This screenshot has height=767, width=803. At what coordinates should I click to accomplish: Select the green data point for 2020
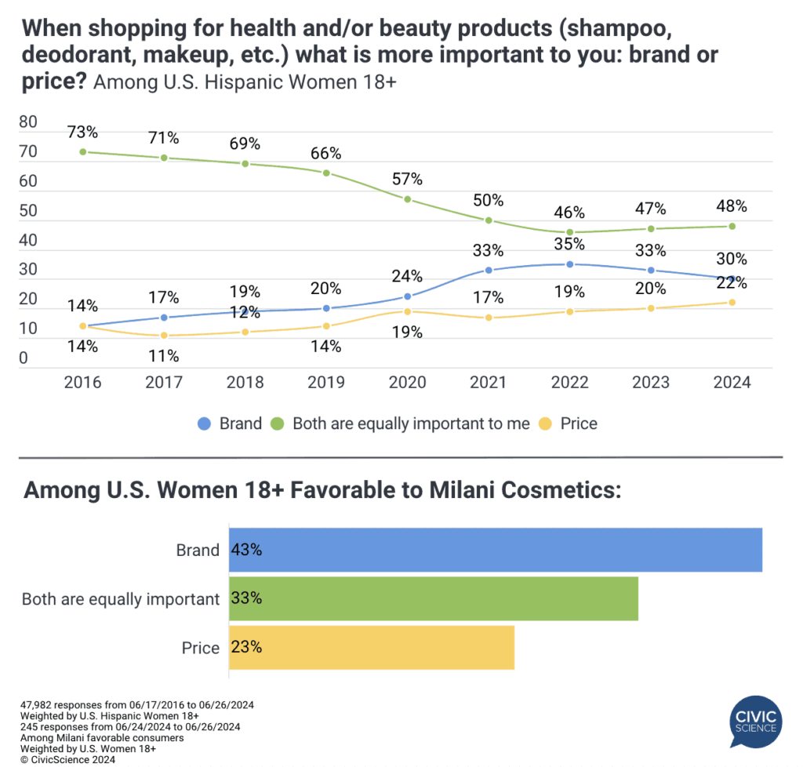[408, 199]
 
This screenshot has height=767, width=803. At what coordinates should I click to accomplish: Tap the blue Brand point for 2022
[569, 264]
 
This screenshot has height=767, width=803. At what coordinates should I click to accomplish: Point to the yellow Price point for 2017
[164, 336]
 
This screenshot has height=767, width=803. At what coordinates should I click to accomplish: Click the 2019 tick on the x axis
[326, 383]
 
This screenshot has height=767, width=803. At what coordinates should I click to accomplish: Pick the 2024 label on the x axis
[732, 383]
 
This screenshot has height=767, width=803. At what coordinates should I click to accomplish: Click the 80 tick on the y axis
[28, 122]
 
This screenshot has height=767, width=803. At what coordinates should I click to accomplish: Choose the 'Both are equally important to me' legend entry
[401, 423]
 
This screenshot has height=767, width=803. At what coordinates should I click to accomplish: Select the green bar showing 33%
[434, 598]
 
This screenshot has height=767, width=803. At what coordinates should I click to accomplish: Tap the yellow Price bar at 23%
[372, 647]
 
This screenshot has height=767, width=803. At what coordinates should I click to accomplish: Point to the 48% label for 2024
[731, 207]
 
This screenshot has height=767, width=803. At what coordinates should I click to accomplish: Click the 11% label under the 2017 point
[164, 355]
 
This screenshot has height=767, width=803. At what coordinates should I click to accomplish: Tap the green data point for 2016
[82, 151]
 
